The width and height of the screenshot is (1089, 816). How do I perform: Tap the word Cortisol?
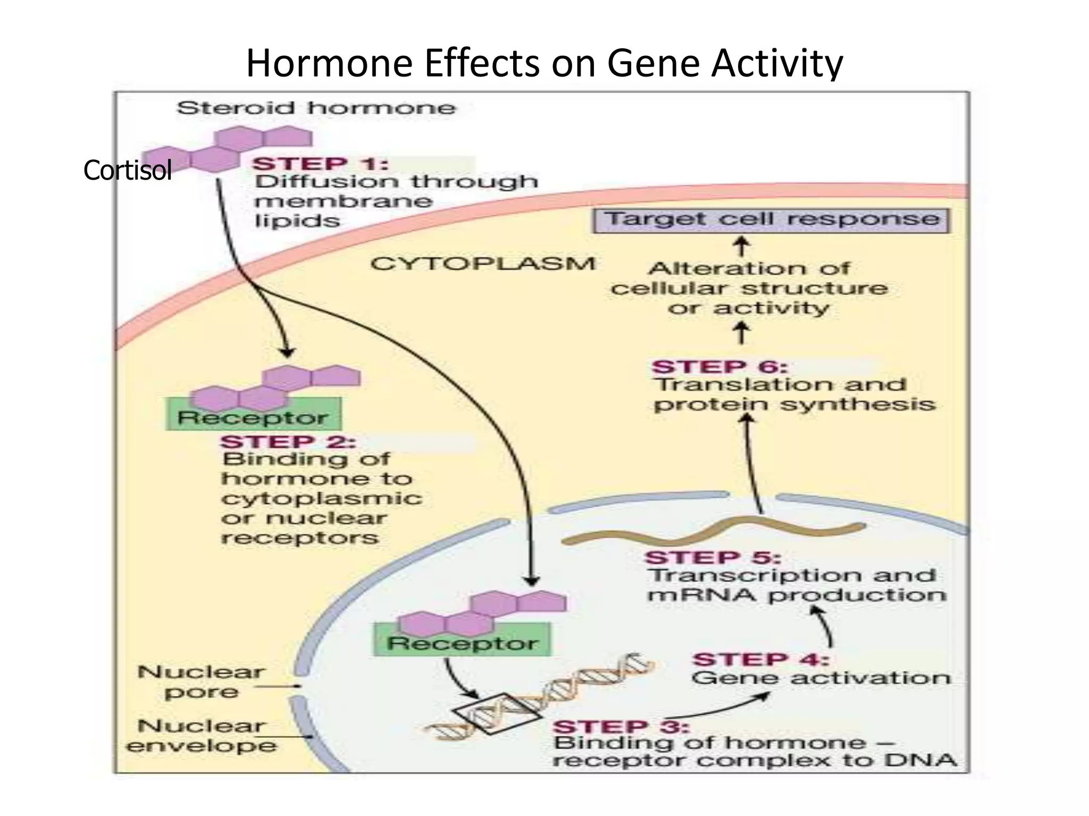127,171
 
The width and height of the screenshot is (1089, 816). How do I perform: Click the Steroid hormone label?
316,108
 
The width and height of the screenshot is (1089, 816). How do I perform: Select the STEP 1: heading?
320,164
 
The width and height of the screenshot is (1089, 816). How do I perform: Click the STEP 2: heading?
288,441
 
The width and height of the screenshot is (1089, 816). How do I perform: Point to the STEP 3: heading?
621,726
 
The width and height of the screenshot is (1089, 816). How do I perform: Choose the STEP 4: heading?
760,659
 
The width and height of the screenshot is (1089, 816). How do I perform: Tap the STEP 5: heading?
713,558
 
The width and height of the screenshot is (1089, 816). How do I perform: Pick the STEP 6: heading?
719,367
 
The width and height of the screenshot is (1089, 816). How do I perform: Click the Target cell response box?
771,220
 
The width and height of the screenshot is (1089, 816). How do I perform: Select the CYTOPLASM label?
483,263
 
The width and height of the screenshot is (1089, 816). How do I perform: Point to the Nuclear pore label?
201,682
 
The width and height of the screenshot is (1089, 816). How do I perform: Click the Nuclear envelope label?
201,736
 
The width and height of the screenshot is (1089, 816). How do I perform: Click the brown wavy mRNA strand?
713,533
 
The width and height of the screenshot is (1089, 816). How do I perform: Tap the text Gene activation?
820,678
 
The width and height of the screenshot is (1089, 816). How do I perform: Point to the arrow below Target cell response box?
742,247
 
